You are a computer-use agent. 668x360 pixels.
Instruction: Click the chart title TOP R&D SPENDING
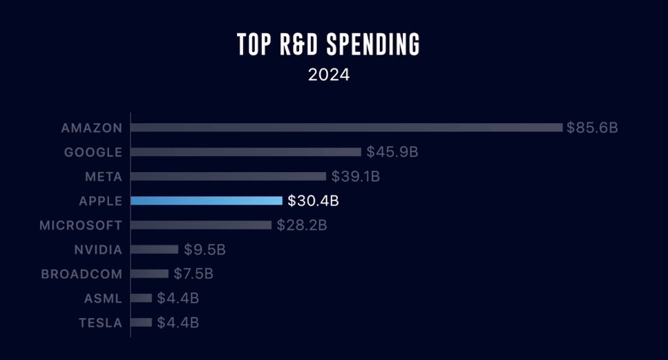pos(329,44)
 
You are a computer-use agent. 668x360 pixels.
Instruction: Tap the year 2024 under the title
pos(329,75)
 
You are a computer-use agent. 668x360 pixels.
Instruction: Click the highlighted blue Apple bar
pos(207,200)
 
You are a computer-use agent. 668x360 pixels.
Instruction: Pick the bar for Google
pos(246,152)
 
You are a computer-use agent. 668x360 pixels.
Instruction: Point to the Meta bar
pos(228,176)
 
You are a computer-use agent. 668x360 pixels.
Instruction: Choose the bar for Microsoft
pos(201,225)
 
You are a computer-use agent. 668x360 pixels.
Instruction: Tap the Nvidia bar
pos(154,249)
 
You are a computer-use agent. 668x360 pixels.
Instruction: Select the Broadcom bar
pos(149,274)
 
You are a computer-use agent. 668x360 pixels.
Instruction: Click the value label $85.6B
pos(592,128)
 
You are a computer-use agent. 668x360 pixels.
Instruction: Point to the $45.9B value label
pos(392,152)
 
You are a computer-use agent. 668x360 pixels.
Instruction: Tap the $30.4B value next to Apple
pos(313,201)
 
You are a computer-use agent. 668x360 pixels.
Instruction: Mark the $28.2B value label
pos(302,225)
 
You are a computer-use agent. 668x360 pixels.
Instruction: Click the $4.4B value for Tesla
pos(178,323)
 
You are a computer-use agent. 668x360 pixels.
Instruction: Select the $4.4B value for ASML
pos(178,299)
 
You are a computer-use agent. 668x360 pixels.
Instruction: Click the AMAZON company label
pos(92,128)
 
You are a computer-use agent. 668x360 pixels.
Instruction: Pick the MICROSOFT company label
pos(81,225)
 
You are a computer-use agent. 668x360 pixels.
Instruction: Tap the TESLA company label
pos(100,323)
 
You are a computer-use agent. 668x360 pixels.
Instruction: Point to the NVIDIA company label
pos(98,249)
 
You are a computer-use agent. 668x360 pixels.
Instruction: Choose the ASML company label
pos(104,299)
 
